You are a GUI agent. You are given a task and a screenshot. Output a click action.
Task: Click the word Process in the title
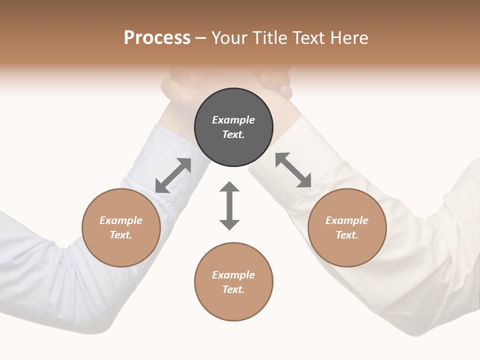(x=157, y=38)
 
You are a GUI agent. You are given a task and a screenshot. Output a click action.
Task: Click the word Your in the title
(x=229, y=38)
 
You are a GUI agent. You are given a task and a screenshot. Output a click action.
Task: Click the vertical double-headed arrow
(x=229, y=205)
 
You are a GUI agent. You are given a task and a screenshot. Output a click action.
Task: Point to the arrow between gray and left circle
(x=173, y=175)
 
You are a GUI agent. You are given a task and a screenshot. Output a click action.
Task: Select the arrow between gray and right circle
(x=293, y=170)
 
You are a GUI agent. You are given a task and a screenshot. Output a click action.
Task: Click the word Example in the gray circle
(x=233, y=120)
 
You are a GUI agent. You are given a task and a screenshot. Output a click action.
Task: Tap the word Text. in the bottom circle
(x=233, y=289)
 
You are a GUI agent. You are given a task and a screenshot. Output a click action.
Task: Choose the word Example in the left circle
(x=121, y=220)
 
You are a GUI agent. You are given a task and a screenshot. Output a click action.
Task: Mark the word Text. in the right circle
(x=347, y=235)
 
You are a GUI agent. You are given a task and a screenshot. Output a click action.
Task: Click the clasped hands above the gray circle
(x=227, y=82)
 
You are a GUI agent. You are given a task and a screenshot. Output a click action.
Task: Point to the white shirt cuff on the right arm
(x=290, y=150)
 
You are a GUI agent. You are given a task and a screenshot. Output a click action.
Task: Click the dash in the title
(x=200, y=38)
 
